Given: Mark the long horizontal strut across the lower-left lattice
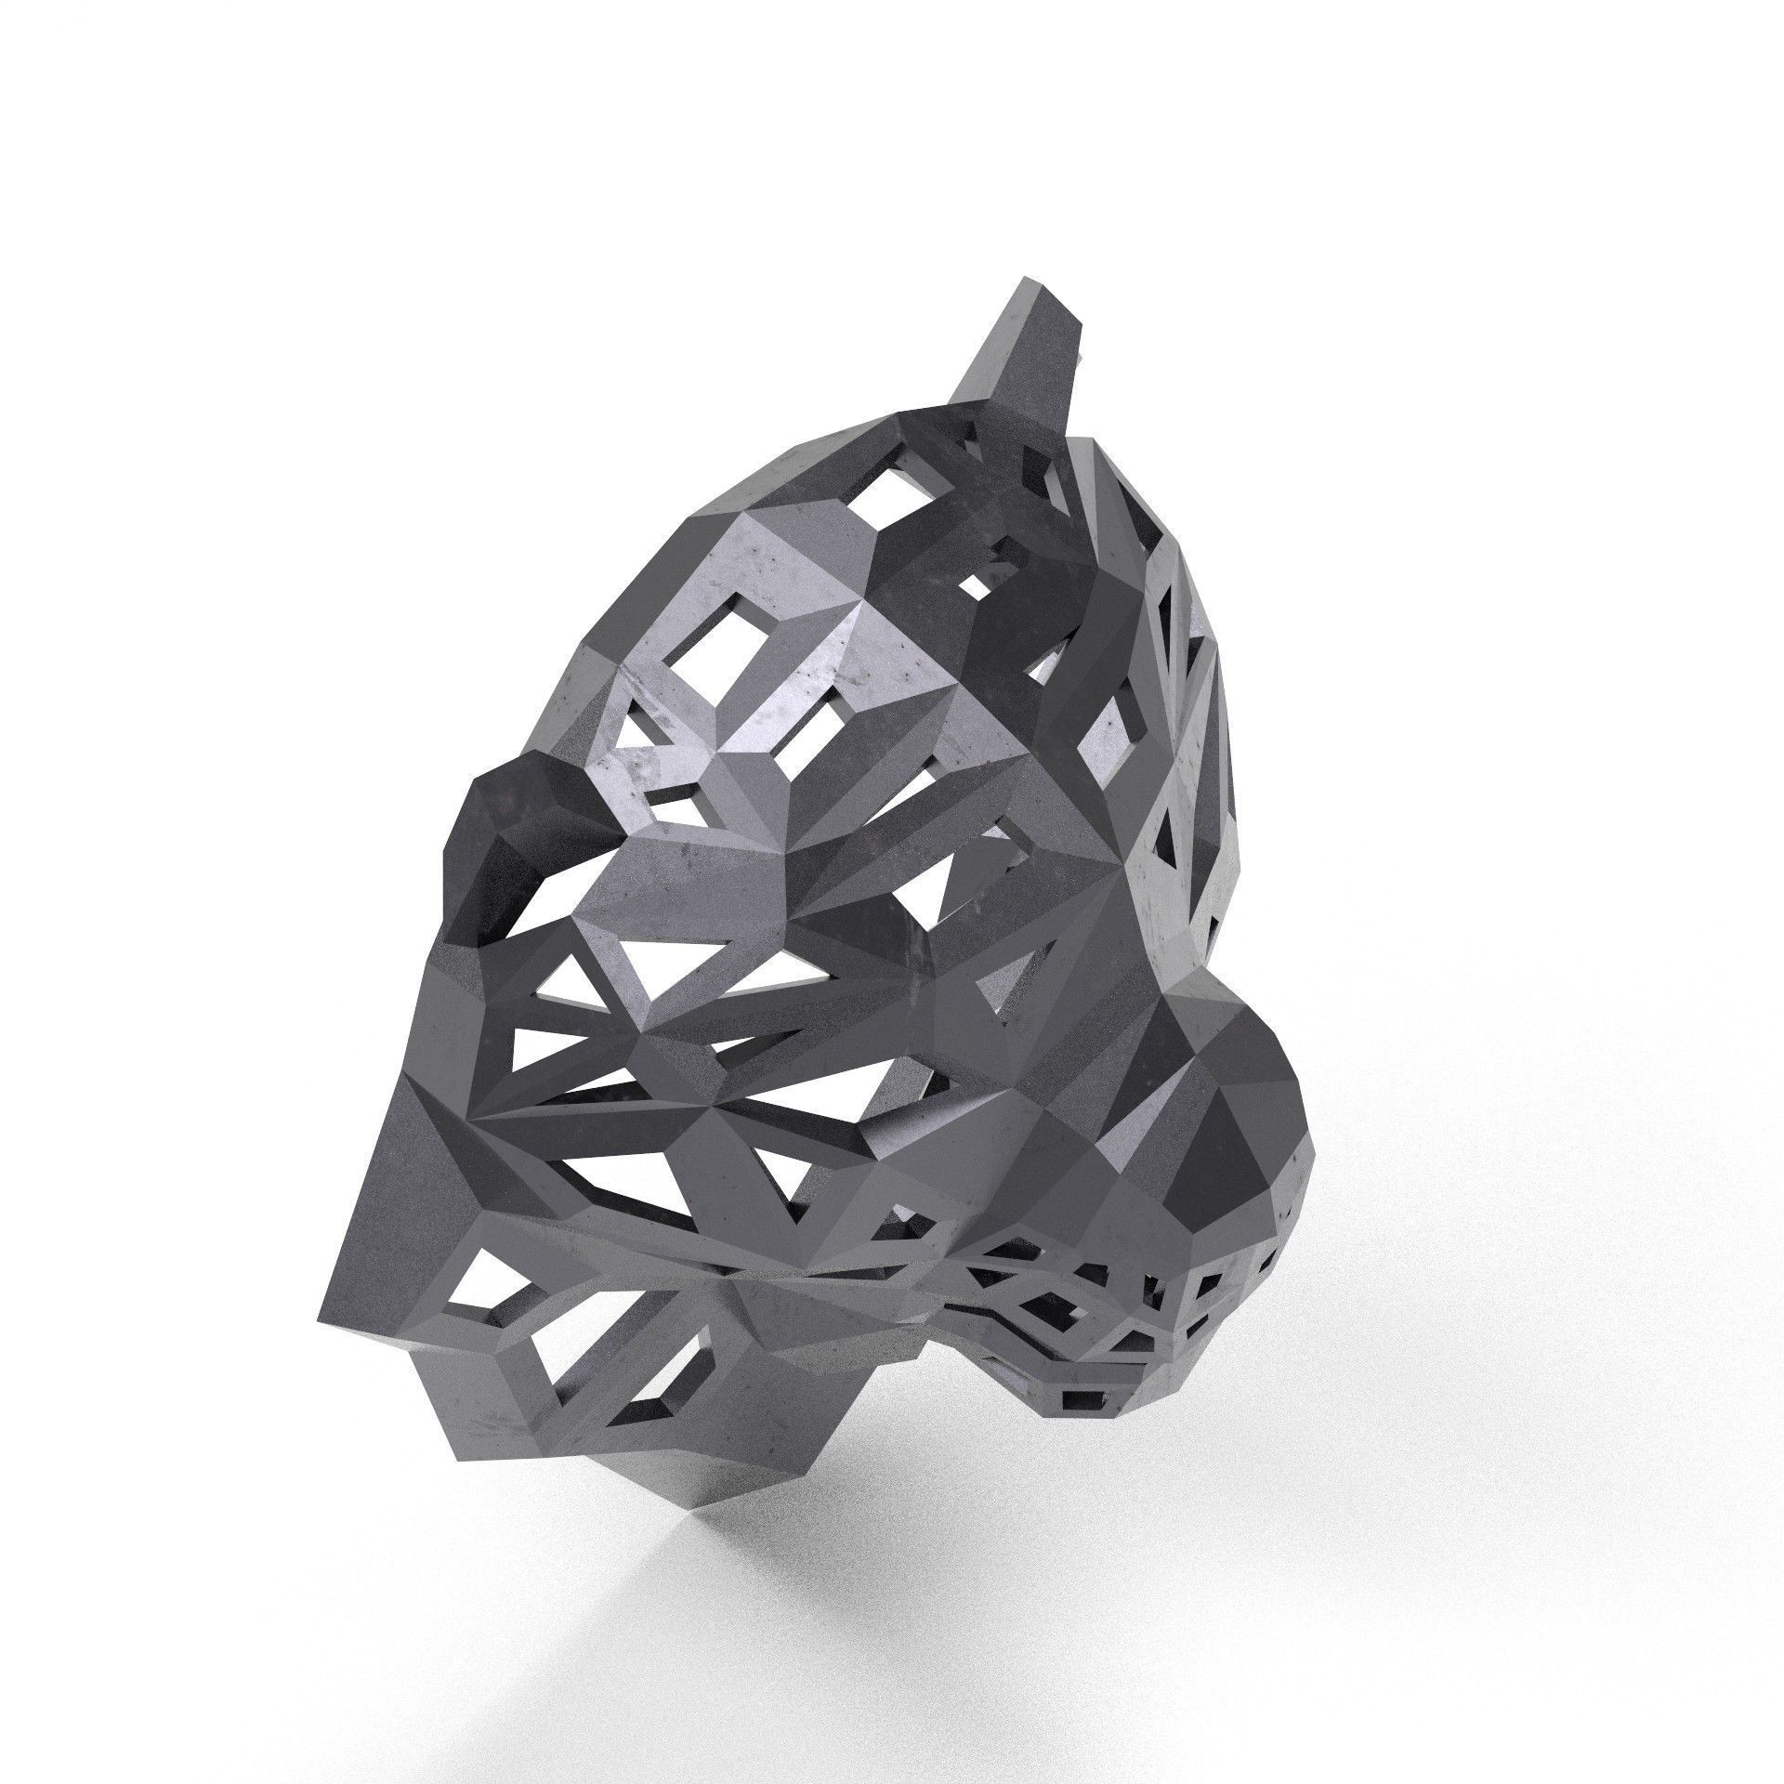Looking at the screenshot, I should click(669, 1143).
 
